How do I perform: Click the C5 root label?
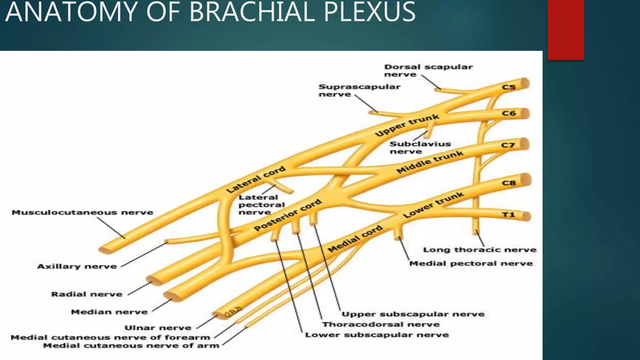(508, 87)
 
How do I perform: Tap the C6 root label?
(508, 113)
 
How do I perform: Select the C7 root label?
(508, 145)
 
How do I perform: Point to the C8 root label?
(508, 182)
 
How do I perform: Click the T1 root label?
(508, 215)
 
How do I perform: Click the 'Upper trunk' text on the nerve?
(407, 125)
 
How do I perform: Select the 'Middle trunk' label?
(430, 162)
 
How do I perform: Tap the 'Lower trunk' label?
(433, 205)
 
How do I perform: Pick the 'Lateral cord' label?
(256, 179)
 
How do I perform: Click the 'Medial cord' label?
(355, 239)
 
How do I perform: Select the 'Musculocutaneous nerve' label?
(82, 212)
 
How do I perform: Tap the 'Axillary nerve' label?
(77, 267)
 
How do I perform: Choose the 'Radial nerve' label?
(87, 294)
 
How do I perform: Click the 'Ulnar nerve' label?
(158, 328)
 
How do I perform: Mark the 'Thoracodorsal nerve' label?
(381, 324)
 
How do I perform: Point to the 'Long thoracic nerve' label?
(480, 250)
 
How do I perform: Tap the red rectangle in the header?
(566, 30)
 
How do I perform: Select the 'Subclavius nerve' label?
(420, 148)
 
